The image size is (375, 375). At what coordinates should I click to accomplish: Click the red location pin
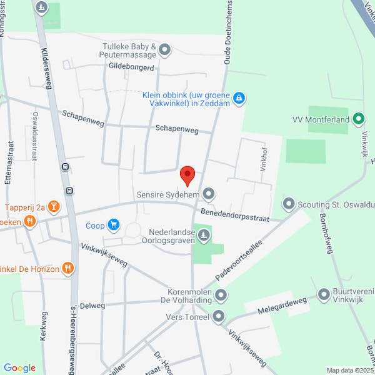[x=187, y=175]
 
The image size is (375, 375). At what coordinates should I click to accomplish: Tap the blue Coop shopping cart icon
[x=113, y=224]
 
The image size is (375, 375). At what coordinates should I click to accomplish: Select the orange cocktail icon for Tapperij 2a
[x=54, y=206]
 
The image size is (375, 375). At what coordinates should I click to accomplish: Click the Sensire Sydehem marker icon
[x=209, y=194]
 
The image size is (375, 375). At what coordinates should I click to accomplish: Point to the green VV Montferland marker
[x=358, y=119]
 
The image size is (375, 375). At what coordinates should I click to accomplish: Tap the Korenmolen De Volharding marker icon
[x=220, y=294]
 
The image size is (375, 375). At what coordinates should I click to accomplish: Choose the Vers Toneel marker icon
[x=218, y=317]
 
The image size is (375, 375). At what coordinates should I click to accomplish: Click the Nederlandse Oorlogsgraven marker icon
[x=204, y=235]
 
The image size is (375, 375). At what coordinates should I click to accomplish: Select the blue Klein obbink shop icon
[x=238, y=97]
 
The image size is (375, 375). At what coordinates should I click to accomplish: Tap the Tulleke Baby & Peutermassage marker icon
[x=165, y=49]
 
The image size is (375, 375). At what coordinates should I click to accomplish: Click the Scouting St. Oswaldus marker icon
[x=289, y=203]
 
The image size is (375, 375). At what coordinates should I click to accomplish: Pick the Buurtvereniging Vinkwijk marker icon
[x=324, y=294]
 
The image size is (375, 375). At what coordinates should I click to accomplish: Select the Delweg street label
[x=92, y=306]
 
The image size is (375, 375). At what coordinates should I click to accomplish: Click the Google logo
[x=19, y=367]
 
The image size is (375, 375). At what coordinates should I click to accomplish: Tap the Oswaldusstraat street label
[x=34, y=134]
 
